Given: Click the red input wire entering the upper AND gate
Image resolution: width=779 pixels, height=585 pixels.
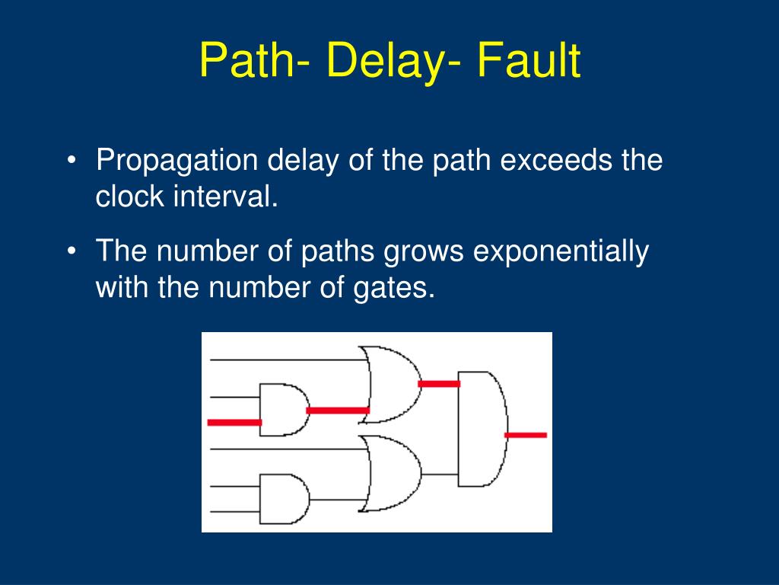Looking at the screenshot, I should click(x=234, y=422).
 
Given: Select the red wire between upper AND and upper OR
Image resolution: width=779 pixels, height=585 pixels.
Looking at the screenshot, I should click(x=338, y=410).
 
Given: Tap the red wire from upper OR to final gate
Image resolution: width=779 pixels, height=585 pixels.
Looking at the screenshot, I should click(x=439, y=384).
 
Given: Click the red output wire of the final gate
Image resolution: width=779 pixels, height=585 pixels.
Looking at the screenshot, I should click(x=526, y=435).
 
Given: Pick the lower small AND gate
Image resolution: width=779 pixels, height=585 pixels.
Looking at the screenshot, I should click(x=283, y=500).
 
